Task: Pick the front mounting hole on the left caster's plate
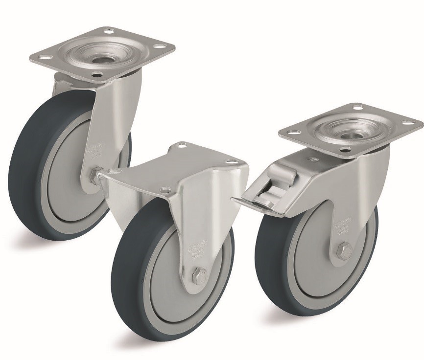[98, 75]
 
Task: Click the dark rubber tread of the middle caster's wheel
[120, 274]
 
